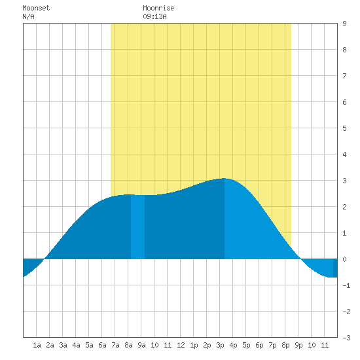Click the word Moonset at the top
tap(36, 8)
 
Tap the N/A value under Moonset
tap(28, 16)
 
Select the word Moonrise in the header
tap(158, 8)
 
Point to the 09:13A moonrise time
tap(154, 16)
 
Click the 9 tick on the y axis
tap(344, 24)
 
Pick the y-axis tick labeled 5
tap(344, 128)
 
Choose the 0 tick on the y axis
tap(344, 259)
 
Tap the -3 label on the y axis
tap(346, 338)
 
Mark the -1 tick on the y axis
tap(346, 285)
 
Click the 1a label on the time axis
tap(37, 345)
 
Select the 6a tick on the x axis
tap(102, 345)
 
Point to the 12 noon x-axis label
tap(181, 345)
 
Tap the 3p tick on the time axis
tap(220, 345)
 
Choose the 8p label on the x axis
tap(285, 345)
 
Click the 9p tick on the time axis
tap(298, 345)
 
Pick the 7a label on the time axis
tap(115, 345)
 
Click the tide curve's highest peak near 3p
tap(224, 179)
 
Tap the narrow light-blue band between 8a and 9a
tap(137, 227)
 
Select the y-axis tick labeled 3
tap(344, 181)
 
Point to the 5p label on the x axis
tap(246, 345)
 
